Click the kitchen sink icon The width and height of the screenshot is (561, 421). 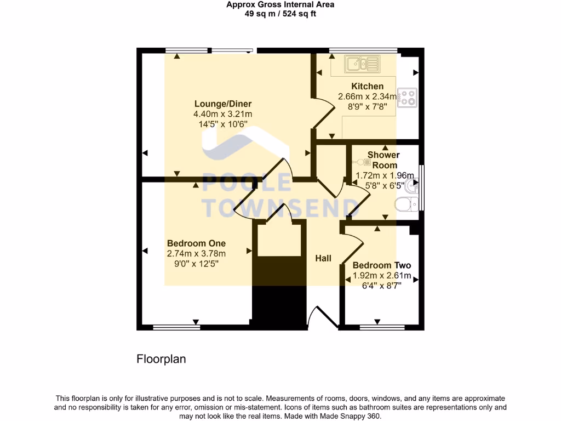[362, 65]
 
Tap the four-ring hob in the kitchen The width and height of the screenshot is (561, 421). [407, 97]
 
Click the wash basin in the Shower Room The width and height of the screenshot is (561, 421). [414, 187]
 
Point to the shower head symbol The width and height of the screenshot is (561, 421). [361, 162]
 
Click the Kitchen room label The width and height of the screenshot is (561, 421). [367, 86]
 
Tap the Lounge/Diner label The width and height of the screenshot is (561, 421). [223, 104]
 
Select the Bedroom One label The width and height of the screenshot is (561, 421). [196, 243]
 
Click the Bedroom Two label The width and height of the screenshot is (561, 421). [381, 265]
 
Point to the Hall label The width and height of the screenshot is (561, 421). [323, 258]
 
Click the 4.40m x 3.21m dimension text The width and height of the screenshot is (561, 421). [222, 114]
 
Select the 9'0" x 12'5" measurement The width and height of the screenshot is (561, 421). [196, 263]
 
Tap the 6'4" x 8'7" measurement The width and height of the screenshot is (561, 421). [381, 285]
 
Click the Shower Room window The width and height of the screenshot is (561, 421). [421, 187]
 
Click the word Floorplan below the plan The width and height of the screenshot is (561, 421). [161, 360]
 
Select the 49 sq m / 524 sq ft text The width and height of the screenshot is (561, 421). [280, 14]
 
